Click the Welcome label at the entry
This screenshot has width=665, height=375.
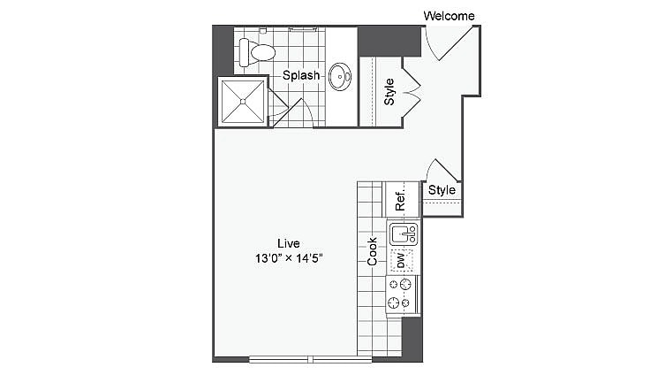pyautogui.click(x=449, y=16)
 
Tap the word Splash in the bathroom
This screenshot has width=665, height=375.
pyautogui.click(x=301, y=76)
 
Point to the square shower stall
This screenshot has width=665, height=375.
pyautogui.click(x=243, y=101)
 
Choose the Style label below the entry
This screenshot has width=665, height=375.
pyautogui.click(x=442, y=190)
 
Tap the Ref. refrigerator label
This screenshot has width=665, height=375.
pyautogui.click(x=400, y=200)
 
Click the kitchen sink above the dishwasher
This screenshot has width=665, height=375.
pyautogui.click(x=403, y=234)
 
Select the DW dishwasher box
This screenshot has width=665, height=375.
pyautogui.click(x=402, y=260)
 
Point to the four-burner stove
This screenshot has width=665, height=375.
pyautogui.click(x=402, y=293)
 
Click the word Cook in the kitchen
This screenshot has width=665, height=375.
pyautogui.click(x=373, y=251)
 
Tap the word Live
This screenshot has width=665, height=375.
pyautogui.click(x=289, y=243)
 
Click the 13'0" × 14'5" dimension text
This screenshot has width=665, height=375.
pyautogui.click(x=289, y=259)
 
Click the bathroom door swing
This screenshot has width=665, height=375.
pyautogui.click(x=291, y=114)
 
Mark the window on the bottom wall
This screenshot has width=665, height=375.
pyautogui.click(x=310, y=359)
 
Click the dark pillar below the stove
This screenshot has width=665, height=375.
pyautogui.click(x=412, y=339)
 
